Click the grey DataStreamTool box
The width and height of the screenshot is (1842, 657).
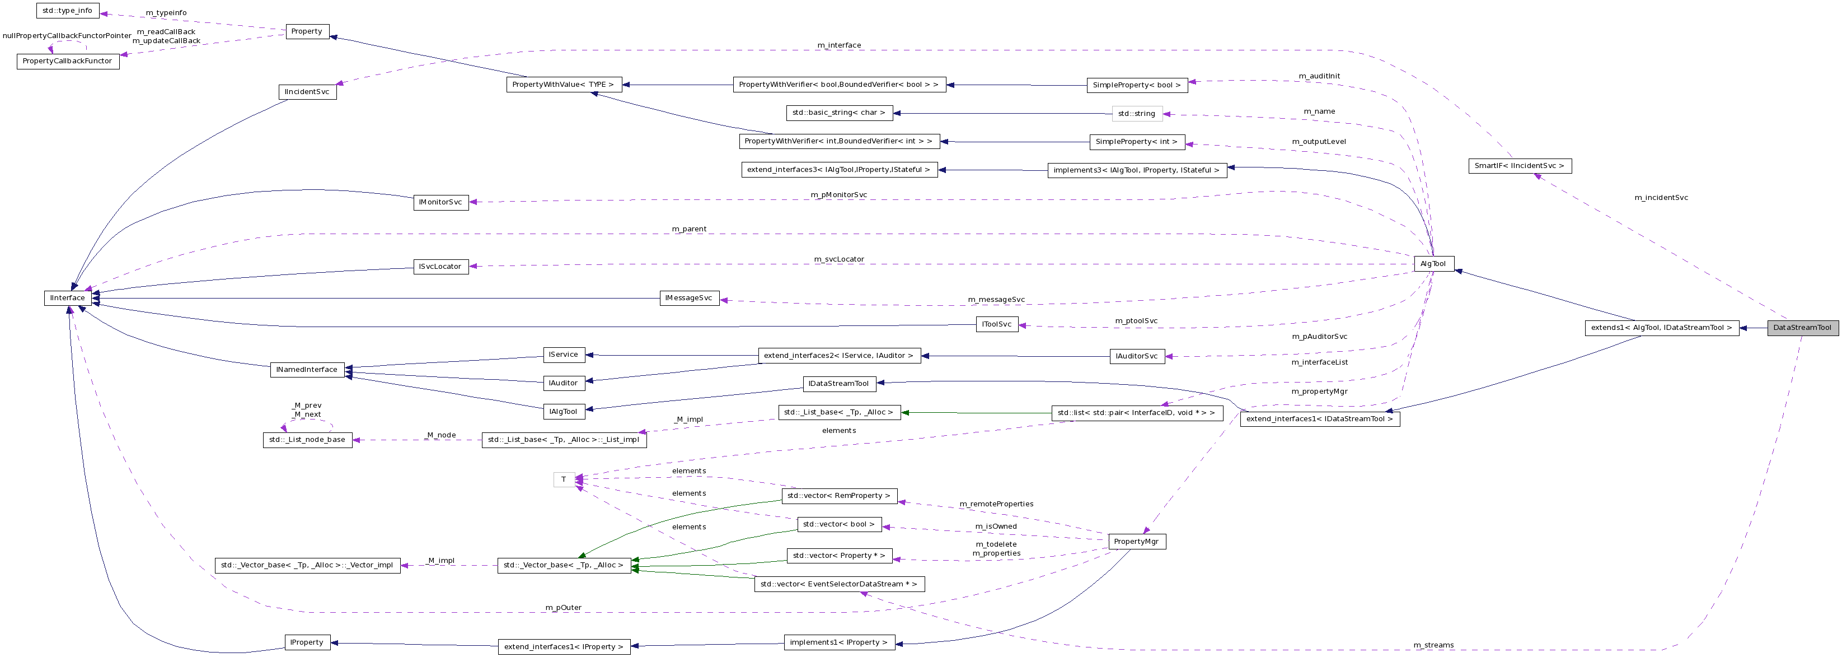(x=1802, y=328)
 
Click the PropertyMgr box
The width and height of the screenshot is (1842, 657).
(x=1136, y=542)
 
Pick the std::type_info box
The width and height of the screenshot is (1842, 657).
(x=67, y=11)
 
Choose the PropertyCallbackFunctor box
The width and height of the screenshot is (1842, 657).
(x=67, y=62)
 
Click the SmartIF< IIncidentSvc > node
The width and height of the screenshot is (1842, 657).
(x=1519, y=166)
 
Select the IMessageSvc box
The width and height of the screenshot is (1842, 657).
(x=688, y=299)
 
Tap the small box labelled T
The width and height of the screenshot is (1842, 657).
(x=564, y=479)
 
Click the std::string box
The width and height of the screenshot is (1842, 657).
(x=1136, y=114)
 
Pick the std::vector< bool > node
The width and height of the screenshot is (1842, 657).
(x=839, y=525)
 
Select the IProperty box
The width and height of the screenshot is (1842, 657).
(x=307, y=642)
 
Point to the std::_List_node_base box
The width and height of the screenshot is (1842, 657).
(x=307, y=440)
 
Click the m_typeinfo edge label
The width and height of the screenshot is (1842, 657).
(x=166, y=13)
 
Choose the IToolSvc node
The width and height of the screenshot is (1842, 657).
(x=996, y=325)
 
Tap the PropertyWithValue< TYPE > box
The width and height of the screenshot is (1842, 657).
(x=564, y=85)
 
